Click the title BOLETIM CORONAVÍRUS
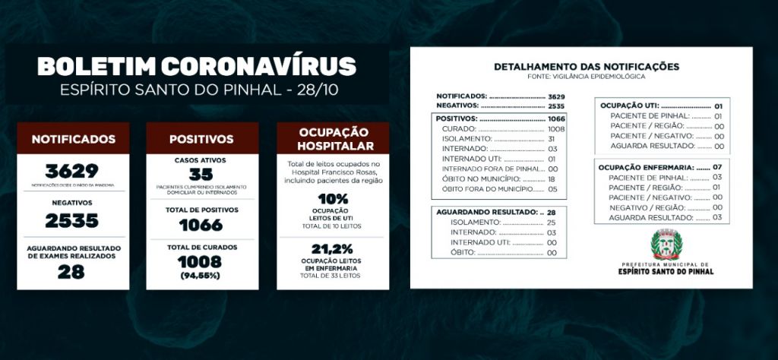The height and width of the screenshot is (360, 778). (x=197, y=66)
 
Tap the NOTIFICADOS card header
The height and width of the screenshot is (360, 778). (x=74, y=139)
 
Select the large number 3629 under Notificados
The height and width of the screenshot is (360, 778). (x=71, y=171)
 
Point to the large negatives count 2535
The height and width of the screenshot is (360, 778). (x=72, y=220)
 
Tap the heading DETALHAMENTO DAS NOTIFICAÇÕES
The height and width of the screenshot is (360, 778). (x=587, y=67)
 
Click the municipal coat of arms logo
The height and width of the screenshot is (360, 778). (x=667, y=245)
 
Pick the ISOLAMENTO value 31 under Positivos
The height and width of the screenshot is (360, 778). (x=552, y=139)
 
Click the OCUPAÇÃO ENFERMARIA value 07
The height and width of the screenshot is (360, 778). (x=717, y=166)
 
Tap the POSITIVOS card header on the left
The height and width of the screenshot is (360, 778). (x=201, y=139)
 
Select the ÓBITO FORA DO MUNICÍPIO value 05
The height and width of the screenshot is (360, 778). (x=552, y=188)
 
